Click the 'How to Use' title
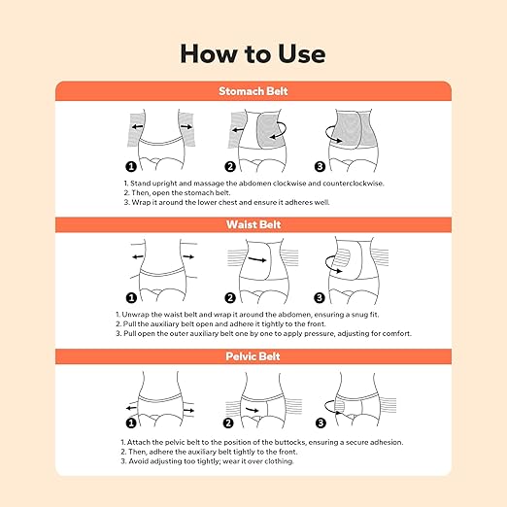(253, 53)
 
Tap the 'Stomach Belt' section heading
(253, 91)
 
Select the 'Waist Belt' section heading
(253, 224)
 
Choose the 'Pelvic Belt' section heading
(253, 356)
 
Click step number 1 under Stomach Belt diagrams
(131, 167)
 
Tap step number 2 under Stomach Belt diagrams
(230, 167)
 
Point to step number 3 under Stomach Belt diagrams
(320, 167)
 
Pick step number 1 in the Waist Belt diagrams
(131, 298)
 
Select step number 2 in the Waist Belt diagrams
(230, 298)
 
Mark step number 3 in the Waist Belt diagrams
(320, 298)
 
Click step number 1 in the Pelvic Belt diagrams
(131, 422)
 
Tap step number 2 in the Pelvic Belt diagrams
(228, 422)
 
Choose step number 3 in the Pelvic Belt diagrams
(321, 422)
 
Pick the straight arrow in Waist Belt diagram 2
(257, 259)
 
